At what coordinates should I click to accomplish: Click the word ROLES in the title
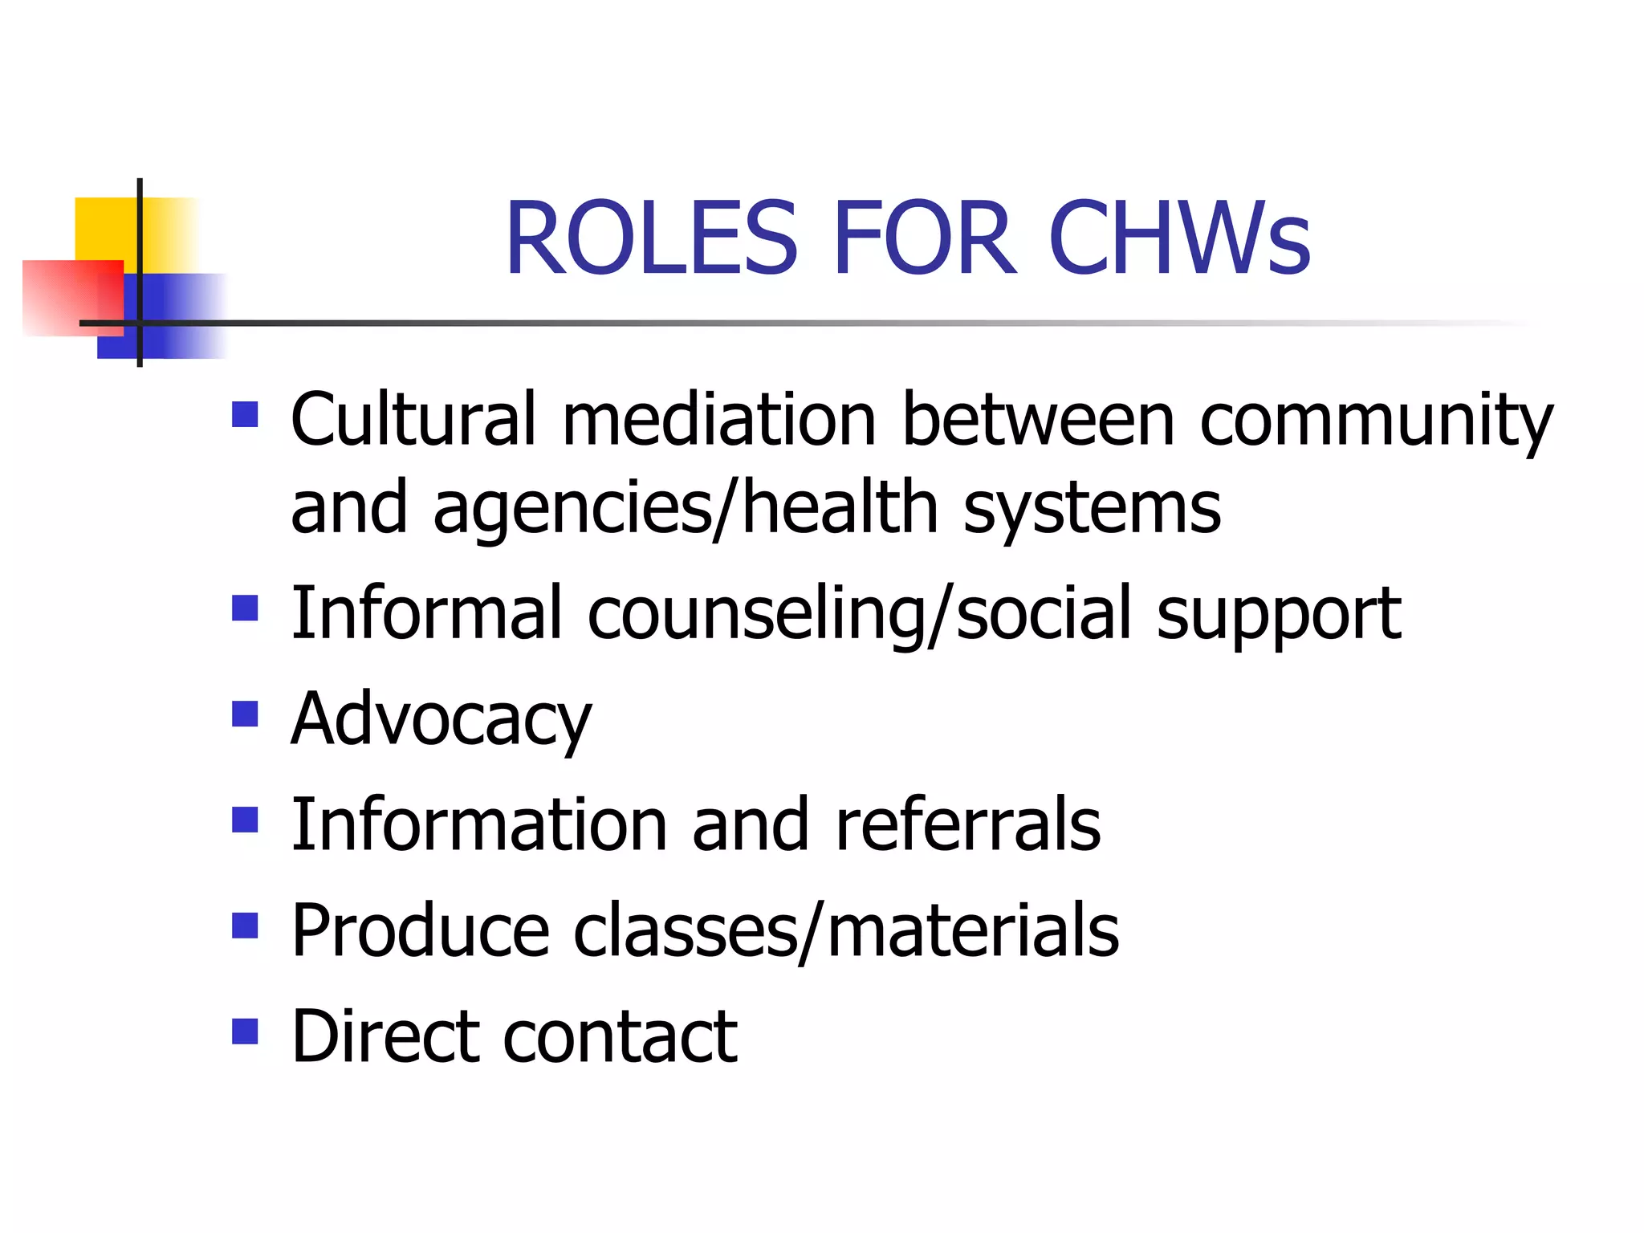pyautogui.click(x=651, y=238)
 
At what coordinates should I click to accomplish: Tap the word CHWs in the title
pyautogui.click(x=1179, y=238)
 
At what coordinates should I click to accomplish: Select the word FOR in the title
pyautogui.click(x=922, y=238)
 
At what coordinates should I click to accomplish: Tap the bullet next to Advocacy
pyautogui.click(x=245, y=714)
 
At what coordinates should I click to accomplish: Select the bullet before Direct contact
pyautogui.click(x=245, y=1031)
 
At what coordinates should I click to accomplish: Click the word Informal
pyautogui.click(x=425, y=613)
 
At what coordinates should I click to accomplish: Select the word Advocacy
pyautogui.click(x=441, y=721)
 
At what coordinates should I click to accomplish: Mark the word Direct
pyautogui.click(x=384, y=1036)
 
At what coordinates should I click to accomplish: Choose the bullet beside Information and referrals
pyautogui.click(x=245, y=820)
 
